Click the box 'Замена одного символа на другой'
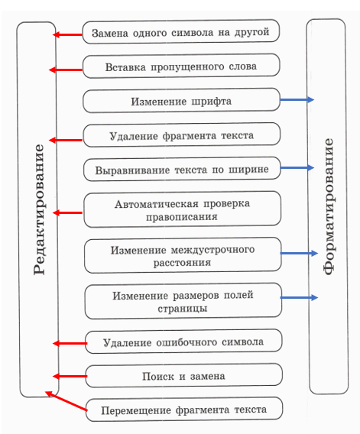181,32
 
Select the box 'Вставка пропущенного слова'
181,66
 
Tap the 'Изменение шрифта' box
181,100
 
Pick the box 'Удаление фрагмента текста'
182,135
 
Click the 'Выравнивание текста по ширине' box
182,169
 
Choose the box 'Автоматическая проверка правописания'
182,209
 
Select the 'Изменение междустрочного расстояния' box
183,255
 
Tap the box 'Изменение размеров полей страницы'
183,301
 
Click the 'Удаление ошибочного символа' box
183,342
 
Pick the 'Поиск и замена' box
183,376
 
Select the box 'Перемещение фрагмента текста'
184,410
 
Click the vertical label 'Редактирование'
39,209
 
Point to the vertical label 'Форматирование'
329,206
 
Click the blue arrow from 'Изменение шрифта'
297,99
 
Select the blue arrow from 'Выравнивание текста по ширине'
297,167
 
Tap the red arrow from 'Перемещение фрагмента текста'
66,401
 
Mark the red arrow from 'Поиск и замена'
70,376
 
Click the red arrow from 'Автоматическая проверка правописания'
67,212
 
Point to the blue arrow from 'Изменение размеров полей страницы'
299,297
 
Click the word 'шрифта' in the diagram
211,102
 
